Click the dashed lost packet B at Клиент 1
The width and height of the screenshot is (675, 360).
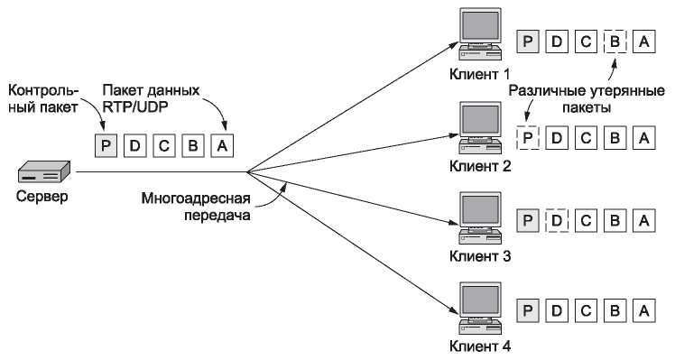[614, 42]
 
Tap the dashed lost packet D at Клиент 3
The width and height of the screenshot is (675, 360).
[558, 220]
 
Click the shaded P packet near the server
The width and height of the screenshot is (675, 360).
[107, 143]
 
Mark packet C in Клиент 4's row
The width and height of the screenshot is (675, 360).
[586, 311]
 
